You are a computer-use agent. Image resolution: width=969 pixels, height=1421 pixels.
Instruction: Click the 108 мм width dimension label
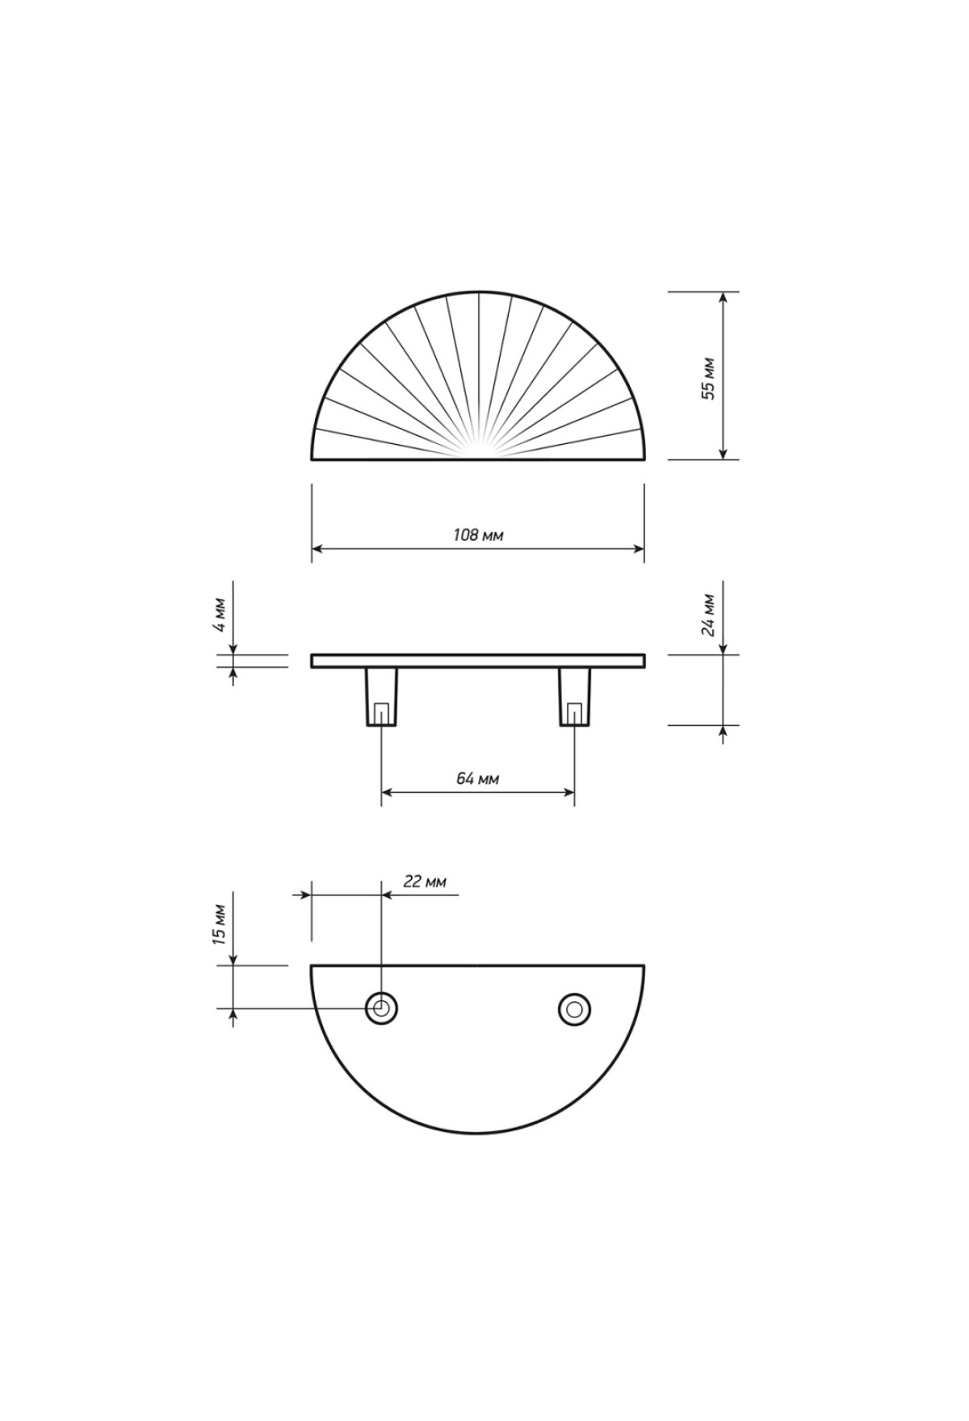coord(478,535)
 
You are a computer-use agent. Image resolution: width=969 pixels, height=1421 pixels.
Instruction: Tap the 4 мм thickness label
coord(220,618)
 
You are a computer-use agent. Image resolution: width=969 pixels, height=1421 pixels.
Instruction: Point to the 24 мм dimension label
coord(708,615)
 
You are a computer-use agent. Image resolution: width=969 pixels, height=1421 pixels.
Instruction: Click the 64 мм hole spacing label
coord(477,778)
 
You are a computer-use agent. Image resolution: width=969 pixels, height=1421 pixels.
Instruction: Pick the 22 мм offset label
coord(424,882)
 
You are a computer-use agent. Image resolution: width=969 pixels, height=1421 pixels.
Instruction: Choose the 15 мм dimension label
coord(220,924)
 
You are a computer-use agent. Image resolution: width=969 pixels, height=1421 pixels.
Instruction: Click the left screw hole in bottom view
coord(381,1008)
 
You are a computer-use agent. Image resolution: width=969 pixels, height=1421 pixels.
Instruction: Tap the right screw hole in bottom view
coord(574,1008)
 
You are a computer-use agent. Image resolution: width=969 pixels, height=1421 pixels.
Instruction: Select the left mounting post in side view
coord(381,696)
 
